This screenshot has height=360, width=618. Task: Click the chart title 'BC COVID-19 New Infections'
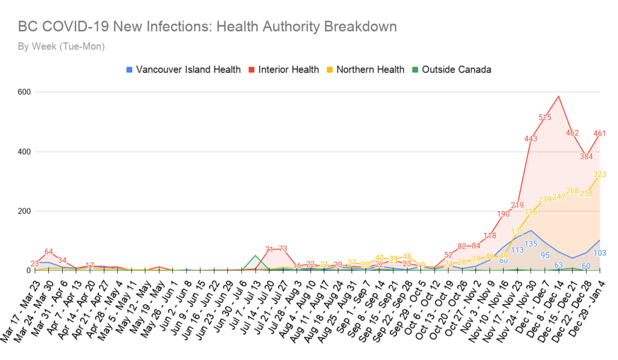click(x=207, y=27)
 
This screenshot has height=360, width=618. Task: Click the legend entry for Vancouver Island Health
click(x=183, y=69)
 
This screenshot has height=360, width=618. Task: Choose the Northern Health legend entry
click(x=364, y=69)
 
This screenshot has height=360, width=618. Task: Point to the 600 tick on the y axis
click(x=24, y=92)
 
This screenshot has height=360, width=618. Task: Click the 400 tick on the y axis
click(x=24, y=152)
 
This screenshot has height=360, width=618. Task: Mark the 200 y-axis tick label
click(x=24, y=211)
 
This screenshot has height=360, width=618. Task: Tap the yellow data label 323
click(x=599, y=175)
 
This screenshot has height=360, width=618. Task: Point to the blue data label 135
click(x=531, y=244)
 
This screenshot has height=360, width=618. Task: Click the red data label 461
click(x=600, y=133)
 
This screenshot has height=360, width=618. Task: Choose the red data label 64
click(x=48, y=252)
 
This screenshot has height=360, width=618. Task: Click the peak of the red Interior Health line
click(x=559, y=96)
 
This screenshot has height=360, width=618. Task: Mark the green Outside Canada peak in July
click(x=256, y=256)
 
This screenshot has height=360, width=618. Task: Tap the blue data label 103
click(x=600, y=253)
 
